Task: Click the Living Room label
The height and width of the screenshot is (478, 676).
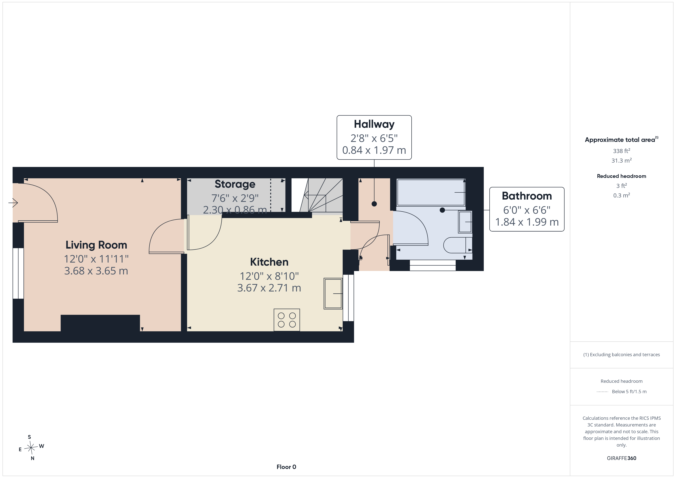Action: tap(96, 245)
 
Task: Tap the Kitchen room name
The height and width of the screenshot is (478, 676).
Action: tap(269, 262)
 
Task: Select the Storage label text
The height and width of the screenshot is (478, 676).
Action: tap(235, 184)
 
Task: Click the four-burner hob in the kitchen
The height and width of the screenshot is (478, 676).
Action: tap(287, 320)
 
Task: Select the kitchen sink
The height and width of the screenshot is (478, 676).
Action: tap(333, 293)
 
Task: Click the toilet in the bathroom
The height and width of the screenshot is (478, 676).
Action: tap(458, 245)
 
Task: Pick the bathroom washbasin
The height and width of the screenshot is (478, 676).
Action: tap(465, 222)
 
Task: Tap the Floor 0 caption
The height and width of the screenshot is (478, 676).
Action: tap(286, 467)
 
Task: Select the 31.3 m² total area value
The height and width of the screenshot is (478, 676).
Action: tap(622, 160)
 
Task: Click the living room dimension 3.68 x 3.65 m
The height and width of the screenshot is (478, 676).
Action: tap(96, 271)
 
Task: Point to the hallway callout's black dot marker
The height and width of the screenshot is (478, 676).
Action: tap(374, 204)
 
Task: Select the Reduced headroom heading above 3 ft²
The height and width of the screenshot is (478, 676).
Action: tap(622, 176)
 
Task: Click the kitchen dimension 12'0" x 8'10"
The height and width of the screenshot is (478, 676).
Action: tap(269, 276)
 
